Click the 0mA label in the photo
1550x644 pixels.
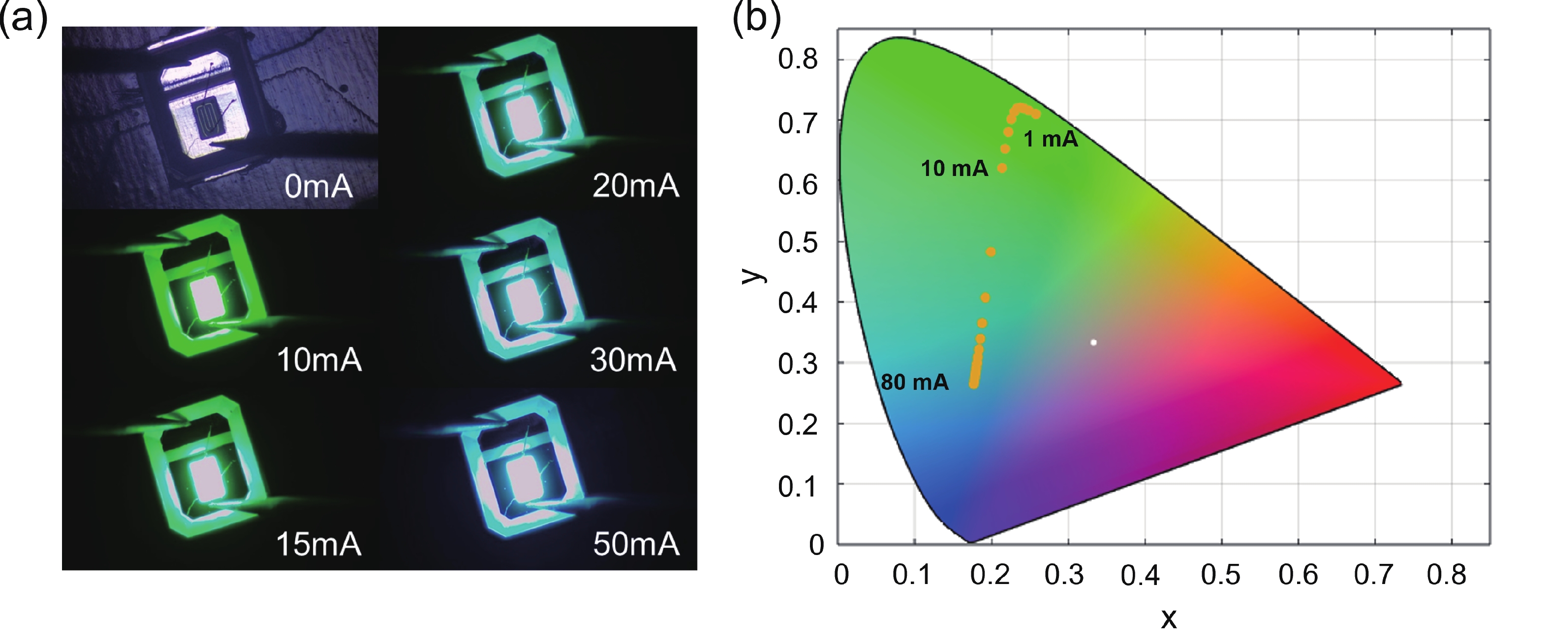pos(318,186)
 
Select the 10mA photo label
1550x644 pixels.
pos(319,360)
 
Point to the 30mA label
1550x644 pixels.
pos(633,360)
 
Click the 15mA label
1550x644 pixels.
pos(318,544)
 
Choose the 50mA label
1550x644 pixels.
pos(636,544)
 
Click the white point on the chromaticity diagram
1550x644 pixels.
pos(1093,343)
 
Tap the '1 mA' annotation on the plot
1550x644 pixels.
pos(1051,140)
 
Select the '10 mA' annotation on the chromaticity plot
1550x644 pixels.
pos(954,169)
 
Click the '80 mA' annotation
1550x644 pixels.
pos(915,382)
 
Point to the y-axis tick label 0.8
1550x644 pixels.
pos(797,59)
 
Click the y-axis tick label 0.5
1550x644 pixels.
pos(797,242)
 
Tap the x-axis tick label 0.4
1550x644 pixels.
pos(1140,576)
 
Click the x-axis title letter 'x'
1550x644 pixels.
pos(1169,617)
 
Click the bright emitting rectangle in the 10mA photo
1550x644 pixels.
pos(206,299)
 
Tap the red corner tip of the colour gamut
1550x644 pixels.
pos(1399,383)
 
